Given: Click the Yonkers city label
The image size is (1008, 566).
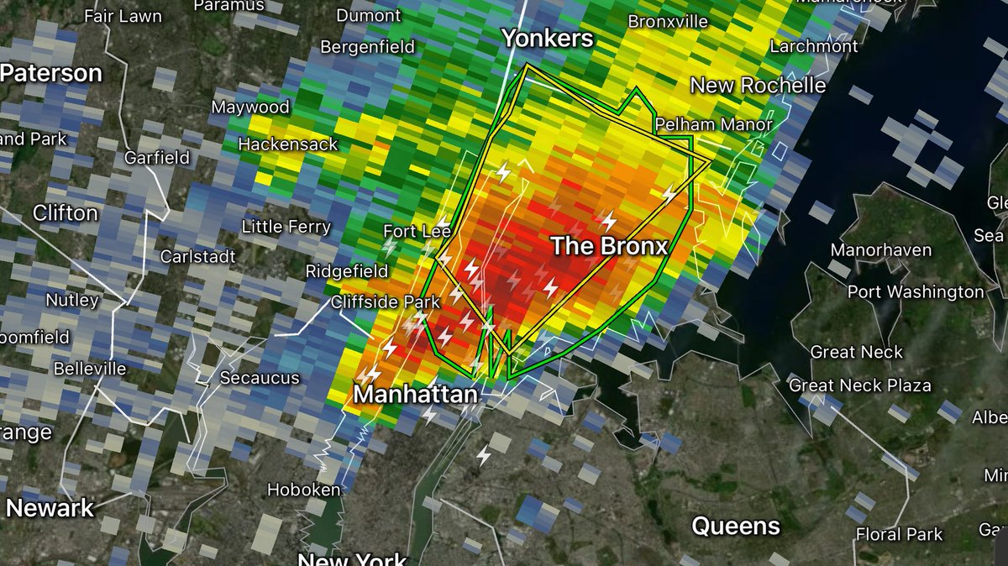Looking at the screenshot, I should coord(547,38).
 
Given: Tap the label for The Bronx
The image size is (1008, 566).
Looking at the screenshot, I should coord(609,246).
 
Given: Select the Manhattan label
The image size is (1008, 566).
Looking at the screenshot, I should coord(415,393).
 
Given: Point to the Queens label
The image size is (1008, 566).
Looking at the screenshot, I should coord(735,527).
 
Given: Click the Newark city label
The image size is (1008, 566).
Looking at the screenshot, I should coord(50,507).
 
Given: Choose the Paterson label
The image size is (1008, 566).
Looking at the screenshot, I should coord(50,73).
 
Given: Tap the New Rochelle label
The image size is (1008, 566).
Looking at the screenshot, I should coord(758,86).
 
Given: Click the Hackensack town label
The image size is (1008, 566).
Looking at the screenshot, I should coord(287,144).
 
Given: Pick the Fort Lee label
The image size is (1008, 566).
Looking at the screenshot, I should coord(417,231).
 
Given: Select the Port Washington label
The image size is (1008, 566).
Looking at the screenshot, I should coord(916,292).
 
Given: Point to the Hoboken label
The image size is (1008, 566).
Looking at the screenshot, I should coord(304,490).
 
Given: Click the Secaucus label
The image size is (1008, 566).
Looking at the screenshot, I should coord(260,378).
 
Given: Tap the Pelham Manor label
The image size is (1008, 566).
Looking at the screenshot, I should coord(713,124).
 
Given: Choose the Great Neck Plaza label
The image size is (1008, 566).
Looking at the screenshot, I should coord(859,385).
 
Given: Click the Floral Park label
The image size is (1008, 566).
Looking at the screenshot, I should coord(899,534).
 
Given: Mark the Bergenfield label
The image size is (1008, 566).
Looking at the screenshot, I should coord(368,47).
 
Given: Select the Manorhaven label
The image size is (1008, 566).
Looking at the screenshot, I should coord(880,250).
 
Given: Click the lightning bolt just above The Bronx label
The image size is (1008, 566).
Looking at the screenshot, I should coord(608,222).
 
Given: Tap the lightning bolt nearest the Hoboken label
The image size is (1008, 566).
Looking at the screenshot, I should coord(484,455).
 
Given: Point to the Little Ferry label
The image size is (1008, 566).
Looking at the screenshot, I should coord(286,227).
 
